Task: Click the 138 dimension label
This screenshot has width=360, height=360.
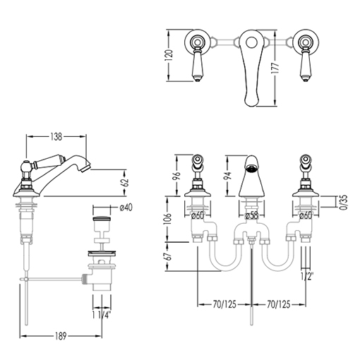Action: click(56, 137)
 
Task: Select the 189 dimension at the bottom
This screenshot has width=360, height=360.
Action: click(61, 336)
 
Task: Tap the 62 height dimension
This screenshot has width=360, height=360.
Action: click(126, 182)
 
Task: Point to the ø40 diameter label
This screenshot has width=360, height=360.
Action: click(126, 208)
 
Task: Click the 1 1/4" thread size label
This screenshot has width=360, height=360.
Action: click(102, 315)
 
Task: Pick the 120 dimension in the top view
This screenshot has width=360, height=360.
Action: click(169, 55)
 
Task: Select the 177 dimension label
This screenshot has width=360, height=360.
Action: click(275, 68)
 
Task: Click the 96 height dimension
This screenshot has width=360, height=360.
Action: click(177, 176)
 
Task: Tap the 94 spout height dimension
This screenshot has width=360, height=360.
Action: click(228, 176)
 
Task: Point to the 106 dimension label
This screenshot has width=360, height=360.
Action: click(169, 219)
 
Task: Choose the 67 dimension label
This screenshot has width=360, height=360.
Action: click(169, 256)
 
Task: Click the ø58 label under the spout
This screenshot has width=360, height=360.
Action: click(251, 215)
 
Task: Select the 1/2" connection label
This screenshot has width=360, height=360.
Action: click(307, 277)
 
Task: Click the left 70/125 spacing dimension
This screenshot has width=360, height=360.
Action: click(224, 304)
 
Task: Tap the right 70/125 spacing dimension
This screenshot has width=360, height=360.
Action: click(279, 304)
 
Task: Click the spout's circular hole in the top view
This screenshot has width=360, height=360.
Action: click(251, 43)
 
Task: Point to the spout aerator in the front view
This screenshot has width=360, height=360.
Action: click(251, 168)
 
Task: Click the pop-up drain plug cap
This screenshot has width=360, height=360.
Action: click(102, 219)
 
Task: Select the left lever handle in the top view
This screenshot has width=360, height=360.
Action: click(197, 64)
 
